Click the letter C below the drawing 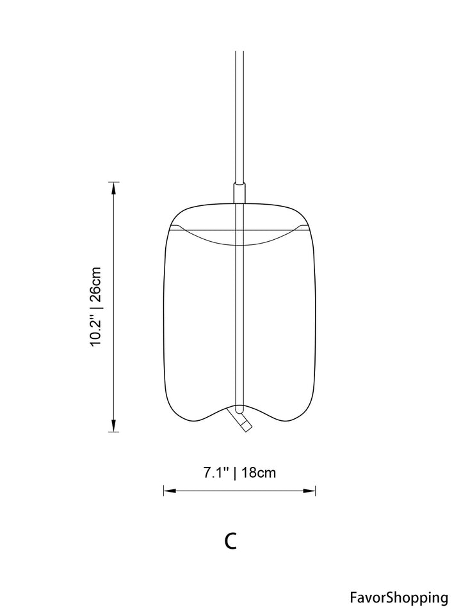(x=230, y=540)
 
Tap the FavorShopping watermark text (x=399, y=598)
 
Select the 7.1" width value (x=216, y=473)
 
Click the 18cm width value (x=258, y=473)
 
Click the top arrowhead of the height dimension (x=114, y=188)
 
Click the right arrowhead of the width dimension (x=309, y=491)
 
